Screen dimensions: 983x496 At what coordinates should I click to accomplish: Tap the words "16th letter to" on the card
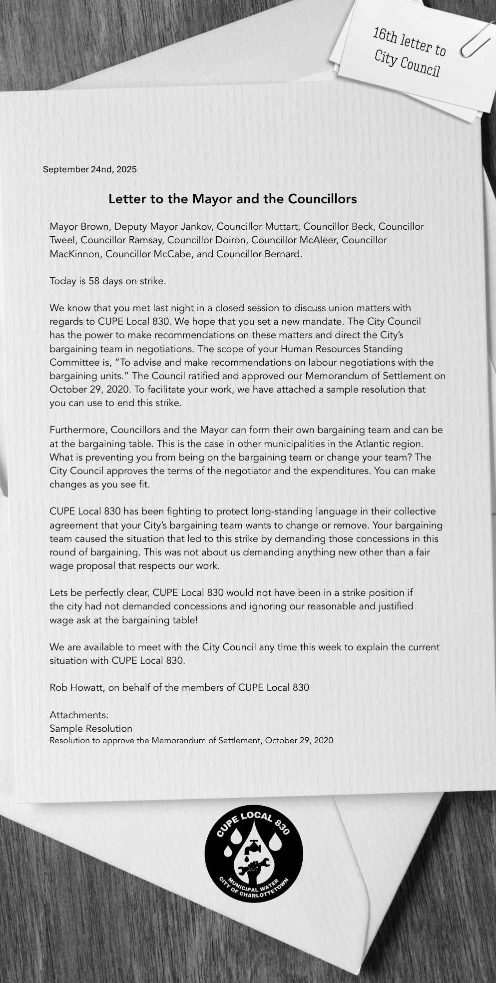click(x=409, y=42)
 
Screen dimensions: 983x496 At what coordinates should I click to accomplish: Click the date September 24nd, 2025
click(x=89, y=169)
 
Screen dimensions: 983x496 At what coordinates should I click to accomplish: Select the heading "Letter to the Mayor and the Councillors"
click(x=232, y=199)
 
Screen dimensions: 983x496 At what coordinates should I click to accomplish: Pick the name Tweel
click(x=62, y=240)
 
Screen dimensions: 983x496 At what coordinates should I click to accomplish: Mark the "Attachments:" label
click(x=79, y=715)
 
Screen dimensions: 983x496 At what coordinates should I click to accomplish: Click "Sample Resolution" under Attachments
click(x=91, y=729)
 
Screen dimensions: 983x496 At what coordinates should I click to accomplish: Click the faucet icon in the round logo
click(x=254, y=847)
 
